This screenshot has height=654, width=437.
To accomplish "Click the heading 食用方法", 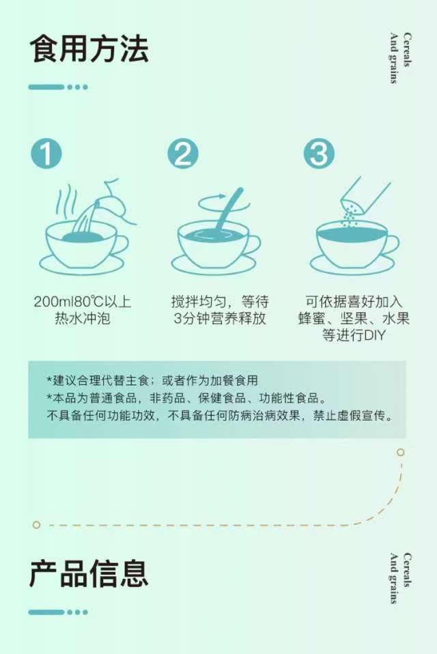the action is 89,50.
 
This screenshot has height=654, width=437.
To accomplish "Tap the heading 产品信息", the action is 89,574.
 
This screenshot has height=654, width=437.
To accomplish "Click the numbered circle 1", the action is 46,154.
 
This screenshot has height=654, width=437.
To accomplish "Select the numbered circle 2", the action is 183,154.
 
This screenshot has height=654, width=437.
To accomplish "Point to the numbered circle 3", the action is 319,154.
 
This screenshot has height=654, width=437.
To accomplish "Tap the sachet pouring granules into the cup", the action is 365,195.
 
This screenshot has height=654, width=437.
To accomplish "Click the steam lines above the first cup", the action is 68,202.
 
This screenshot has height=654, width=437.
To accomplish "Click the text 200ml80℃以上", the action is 83,301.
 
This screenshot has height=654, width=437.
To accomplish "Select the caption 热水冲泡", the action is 83,318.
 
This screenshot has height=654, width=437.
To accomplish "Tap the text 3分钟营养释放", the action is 220,318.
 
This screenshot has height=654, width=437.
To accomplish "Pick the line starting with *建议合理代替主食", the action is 152,380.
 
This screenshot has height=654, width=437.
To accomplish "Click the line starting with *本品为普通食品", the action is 186,398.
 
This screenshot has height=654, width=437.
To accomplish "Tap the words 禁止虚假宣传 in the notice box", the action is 353,416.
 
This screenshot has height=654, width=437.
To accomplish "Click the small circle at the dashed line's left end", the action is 36,525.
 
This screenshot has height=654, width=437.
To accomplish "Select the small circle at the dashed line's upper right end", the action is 400,453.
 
